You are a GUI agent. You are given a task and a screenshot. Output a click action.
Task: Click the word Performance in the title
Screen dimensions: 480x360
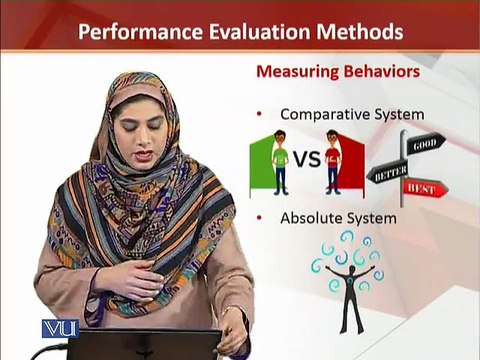140,32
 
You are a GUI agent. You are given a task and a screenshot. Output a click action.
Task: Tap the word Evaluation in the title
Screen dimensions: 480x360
260,31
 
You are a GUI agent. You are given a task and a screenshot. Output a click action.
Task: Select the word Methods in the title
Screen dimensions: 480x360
360,31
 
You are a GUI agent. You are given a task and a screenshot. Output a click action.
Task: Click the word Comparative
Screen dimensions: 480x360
325,115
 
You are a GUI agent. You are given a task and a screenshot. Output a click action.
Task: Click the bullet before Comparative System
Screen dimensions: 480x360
259,114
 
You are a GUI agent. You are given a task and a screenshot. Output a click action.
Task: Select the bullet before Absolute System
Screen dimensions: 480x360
259,218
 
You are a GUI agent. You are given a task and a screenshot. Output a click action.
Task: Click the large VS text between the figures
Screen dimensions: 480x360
307,159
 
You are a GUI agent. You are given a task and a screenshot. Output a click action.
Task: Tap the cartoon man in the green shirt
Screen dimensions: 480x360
280,163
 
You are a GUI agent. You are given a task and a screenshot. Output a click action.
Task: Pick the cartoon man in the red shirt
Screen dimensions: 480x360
333,163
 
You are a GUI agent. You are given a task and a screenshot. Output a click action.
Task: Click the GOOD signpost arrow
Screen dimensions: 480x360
425,144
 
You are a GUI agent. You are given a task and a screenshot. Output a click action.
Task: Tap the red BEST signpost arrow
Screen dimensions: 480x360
425,189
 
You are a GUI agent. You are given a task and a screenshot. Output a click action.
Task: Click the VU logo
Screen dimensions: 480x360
60,329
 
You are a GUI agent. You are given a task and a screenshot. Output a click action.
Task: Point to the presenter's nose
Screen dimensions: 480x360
142,138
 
